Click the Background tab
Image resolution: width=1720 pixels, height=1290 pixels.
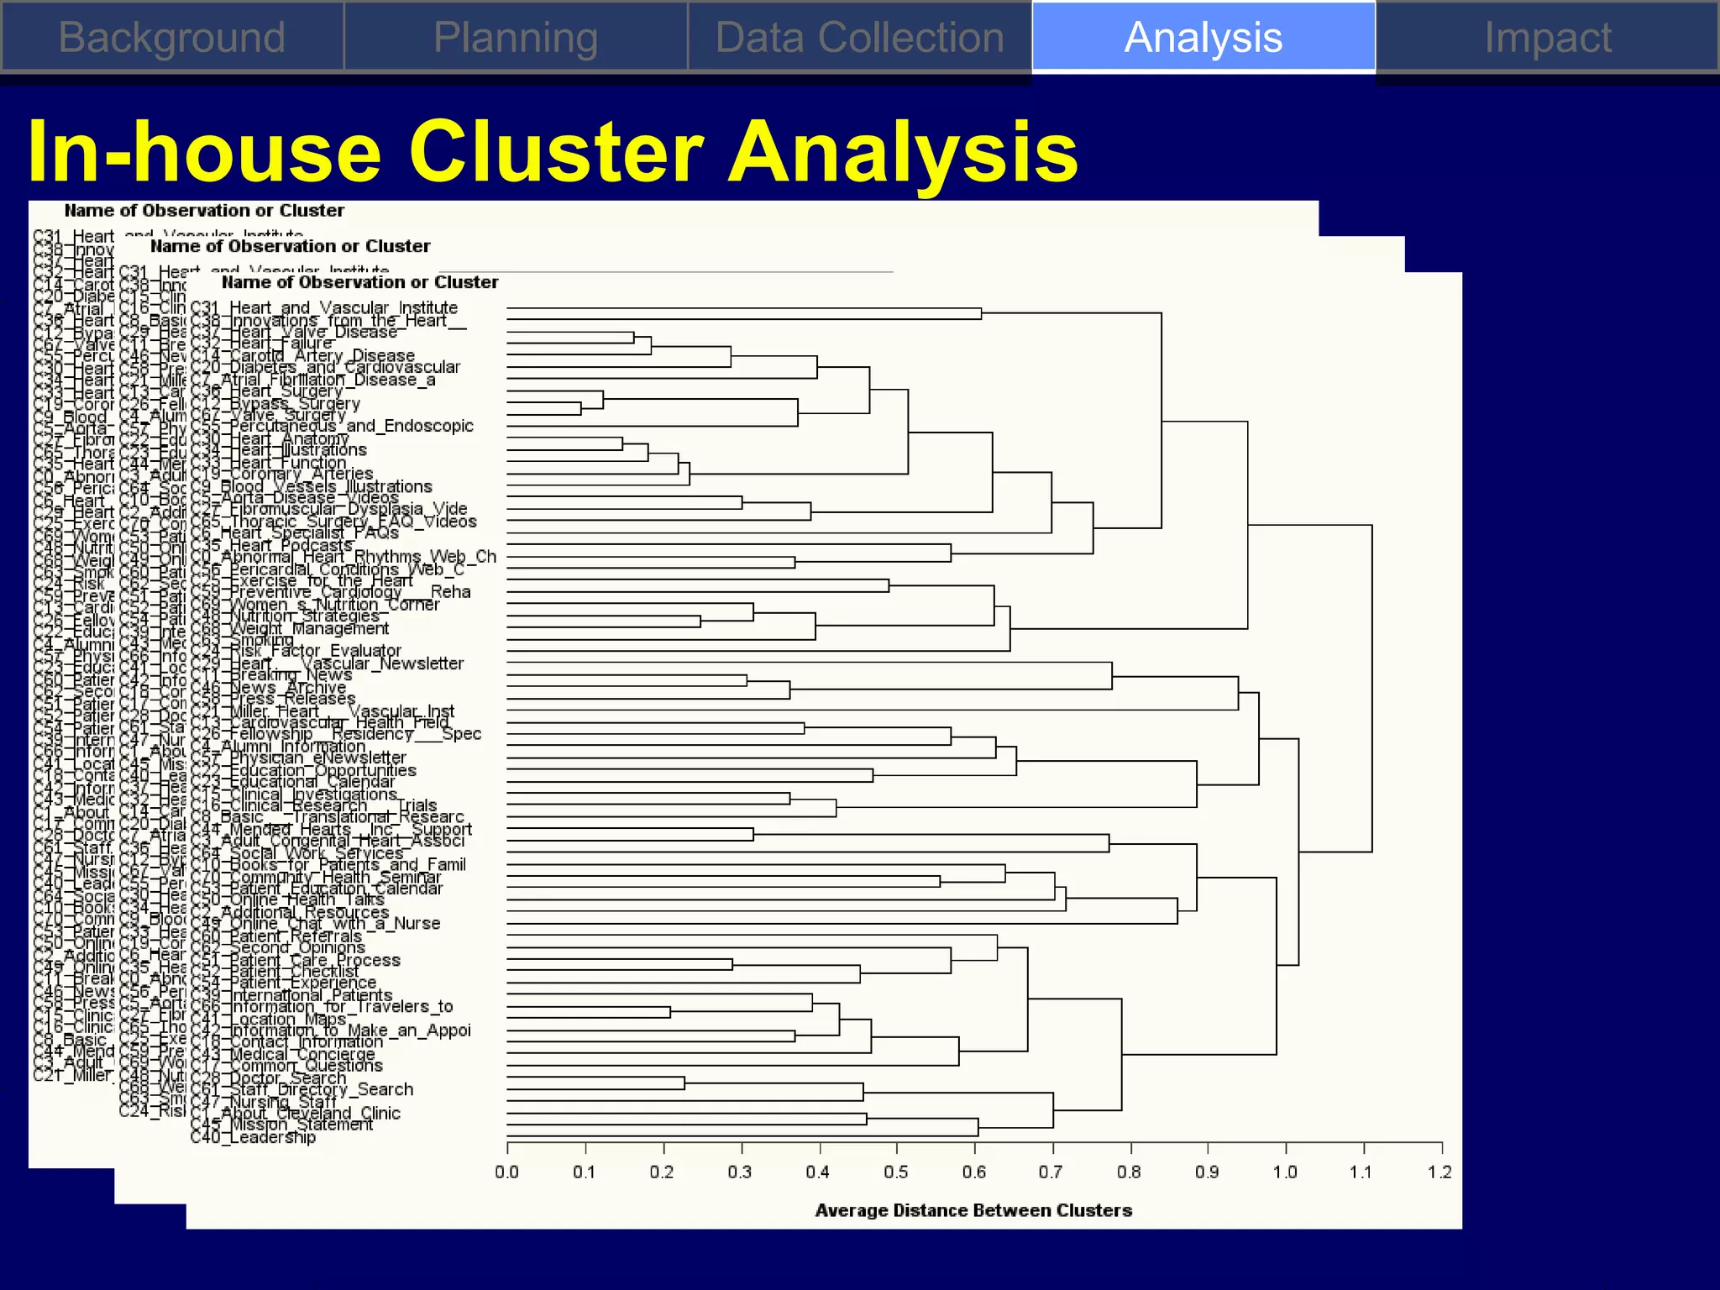(x=172, y=37)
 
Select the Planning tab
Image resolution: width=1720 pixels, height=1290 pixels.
(x=516, y=37)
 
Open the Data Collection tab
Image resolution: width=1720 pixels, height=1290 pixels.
(x=859, y=37)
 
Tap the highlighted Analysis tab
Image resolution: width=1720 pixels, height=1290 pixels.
(x=1203, y=37)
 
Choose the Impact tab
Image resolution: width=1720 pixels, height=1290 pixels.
(x=1547, y=37)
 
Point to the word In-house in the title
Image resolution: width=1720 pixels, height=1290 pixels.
(x=205, y=152)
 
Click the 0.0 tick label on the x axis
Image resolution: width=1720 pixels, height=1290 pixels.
(x=506, y=1172)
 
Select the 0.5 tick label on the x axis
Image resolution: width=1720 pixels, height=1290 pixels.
(x=896, y=1172)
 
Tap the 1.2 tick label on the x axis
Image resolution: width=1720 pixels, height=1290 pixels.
(x=1439, y=1172)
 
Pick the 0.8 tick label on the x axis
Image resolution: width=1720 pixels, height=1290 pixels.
(x=1129, y=1172)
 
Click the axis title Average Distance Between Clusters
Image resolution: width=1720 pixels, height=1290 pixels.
(x=973, y=1210)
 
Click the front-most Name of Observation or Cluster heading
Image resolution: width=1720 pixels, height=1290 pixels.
(x=359, y=282)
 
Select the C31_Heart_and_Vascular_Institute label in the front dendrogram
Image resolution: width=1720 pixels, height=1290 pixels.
(x=324, y=308)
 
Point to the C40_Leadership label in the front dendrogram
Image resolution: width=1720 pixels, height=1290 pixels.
(x=254, y=1137)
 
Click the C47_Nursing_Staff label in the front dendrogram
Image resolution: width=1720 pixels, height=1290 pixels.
(x=264, y=1101)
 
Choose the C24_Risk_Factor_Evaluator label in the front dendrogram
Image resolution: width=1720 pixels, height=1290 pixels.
(x=296, y=651)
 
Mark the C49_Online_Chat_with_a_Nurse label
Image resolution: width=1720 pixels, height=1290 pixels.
(x=316, y=923)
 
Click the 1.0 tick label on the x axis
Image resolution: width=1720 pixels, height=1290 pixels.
(x=1284, y=1172)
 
